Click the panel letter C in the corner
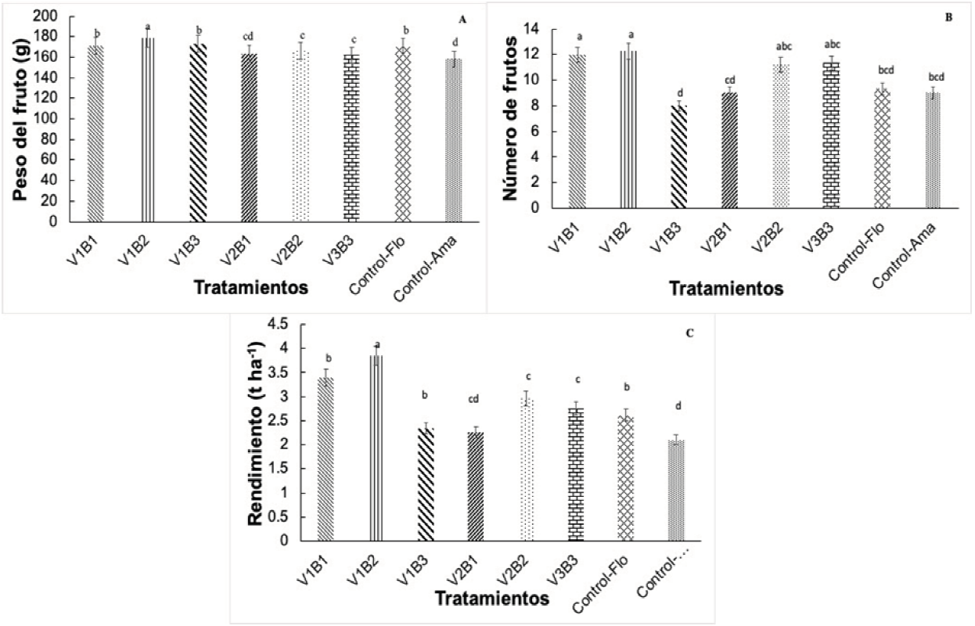689,333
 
